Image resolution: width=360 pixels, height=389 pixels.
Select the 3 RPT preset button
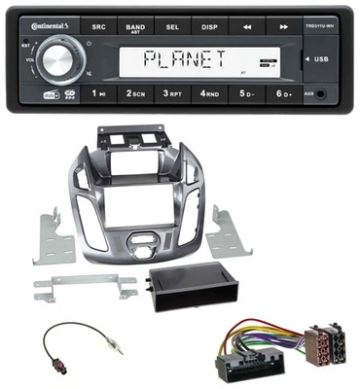coord(173,94)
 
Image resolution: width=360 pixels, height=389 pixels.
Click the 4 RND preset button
coord(209,94)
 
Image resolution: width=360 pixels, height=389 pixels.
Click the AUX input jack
coord(323,94)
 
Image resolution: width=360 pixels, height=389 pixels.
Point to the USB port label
coord(321,59)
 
